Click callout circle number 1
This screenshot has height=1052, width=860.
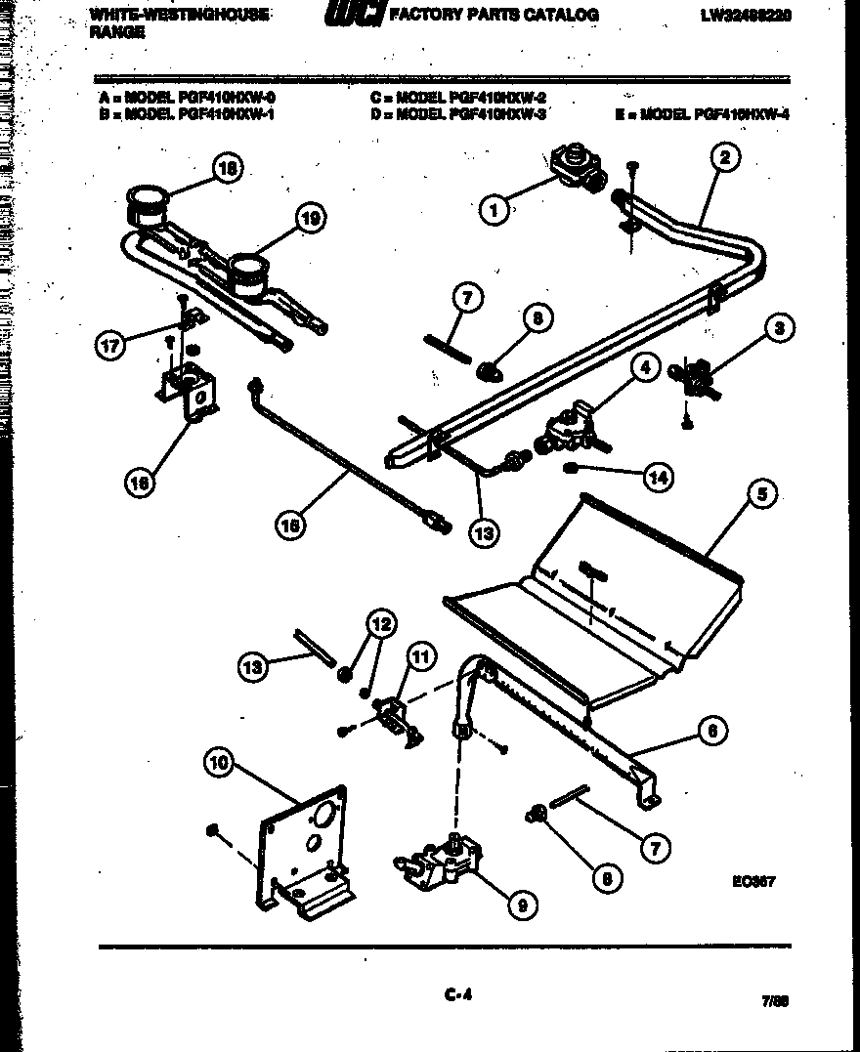[495, 209]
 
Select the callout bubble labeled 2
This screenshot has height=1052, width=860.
[724, 156]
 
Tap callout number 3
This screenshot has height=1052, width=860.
[779, 328]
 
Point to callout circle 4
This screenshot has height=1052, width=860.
[643, 369]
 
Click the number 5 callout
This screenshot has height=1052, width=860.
[761, 495]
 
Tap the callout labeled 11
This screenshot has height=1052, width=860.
[419, 656]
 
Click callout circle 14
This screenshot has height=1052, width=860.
[658, 477]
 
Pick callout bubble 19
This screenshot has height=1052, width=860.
[310, 219]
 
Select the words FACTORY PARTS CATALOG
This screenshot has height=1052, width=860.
[494, 15]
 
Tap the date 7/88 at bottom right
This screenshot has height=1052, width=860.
[774, 1001]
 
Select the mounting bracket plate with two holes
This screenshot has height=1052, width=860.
[303, 850]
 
